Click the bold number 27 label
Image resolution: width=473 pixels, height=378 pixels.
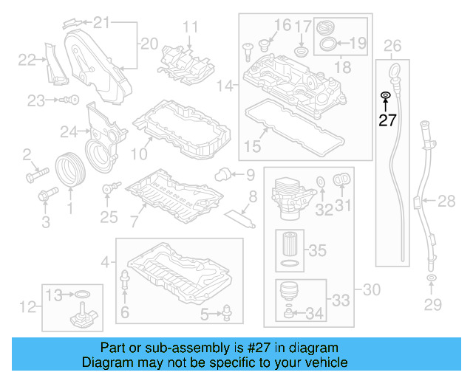point(387,120)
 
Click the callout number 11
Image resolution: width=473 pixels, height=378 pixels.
point(191,29)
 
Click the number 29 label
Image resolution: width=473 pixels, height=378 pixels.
point(432,303)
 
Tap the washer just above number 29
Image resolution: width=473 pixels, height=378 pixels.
point(432,278)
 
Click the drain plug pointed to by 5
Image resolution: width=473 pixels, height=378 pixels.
point(227,316)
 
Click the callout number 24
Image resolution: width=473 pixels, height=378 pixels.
point(69,132)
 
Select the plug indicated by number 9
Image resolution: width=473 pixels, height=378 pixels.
point(220,174)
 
